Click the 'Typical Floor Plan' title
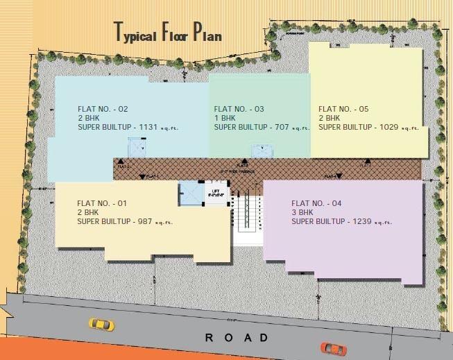point(168,32)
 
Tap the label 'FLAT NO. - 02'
point(103,109)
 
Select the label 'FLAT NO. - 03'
point(239,109)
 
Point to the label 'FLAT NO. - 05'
point(343,109)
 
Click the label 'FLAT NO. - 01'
point(102,203)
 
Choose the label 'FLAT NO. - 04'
point(317,203)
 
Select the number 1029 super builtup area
point(389,128)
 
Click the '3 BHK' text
point(302,212)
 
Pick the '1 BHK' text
point(225,118)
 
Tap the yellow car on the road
point(101,324)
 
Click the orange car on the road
point(333,348)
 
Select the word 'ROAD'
point(236,338)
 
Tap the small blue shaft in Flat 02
point(135,148)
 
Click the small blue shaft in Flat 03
point(261,151)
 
